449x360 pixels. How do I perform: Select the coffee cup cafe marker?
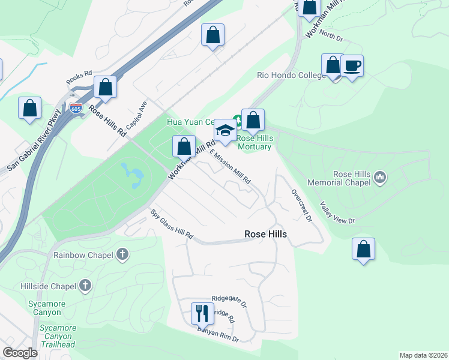(352, 65)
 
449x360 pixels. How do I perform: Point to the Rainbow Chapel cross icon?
(122, 254)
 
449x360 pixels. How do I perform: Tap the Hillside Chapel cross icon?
(85, 285)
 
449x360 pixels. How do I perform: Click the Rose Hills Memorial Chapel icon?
(379, 177)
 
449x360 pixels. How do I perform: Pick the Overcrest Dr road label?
(301, 206)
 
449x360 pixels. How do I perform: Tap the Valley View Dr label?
(337, 212)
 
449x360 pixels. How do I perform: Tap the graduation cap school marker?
(224, 130)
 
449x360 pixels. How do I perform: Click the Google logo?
(20, 352)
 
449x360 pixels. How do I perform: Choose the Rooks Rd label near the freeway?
(79, 76)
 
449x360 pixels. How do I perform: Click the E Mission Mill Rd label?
(230, 166)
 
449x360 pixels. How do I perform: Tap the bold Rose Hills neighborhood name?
(265, 235)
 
